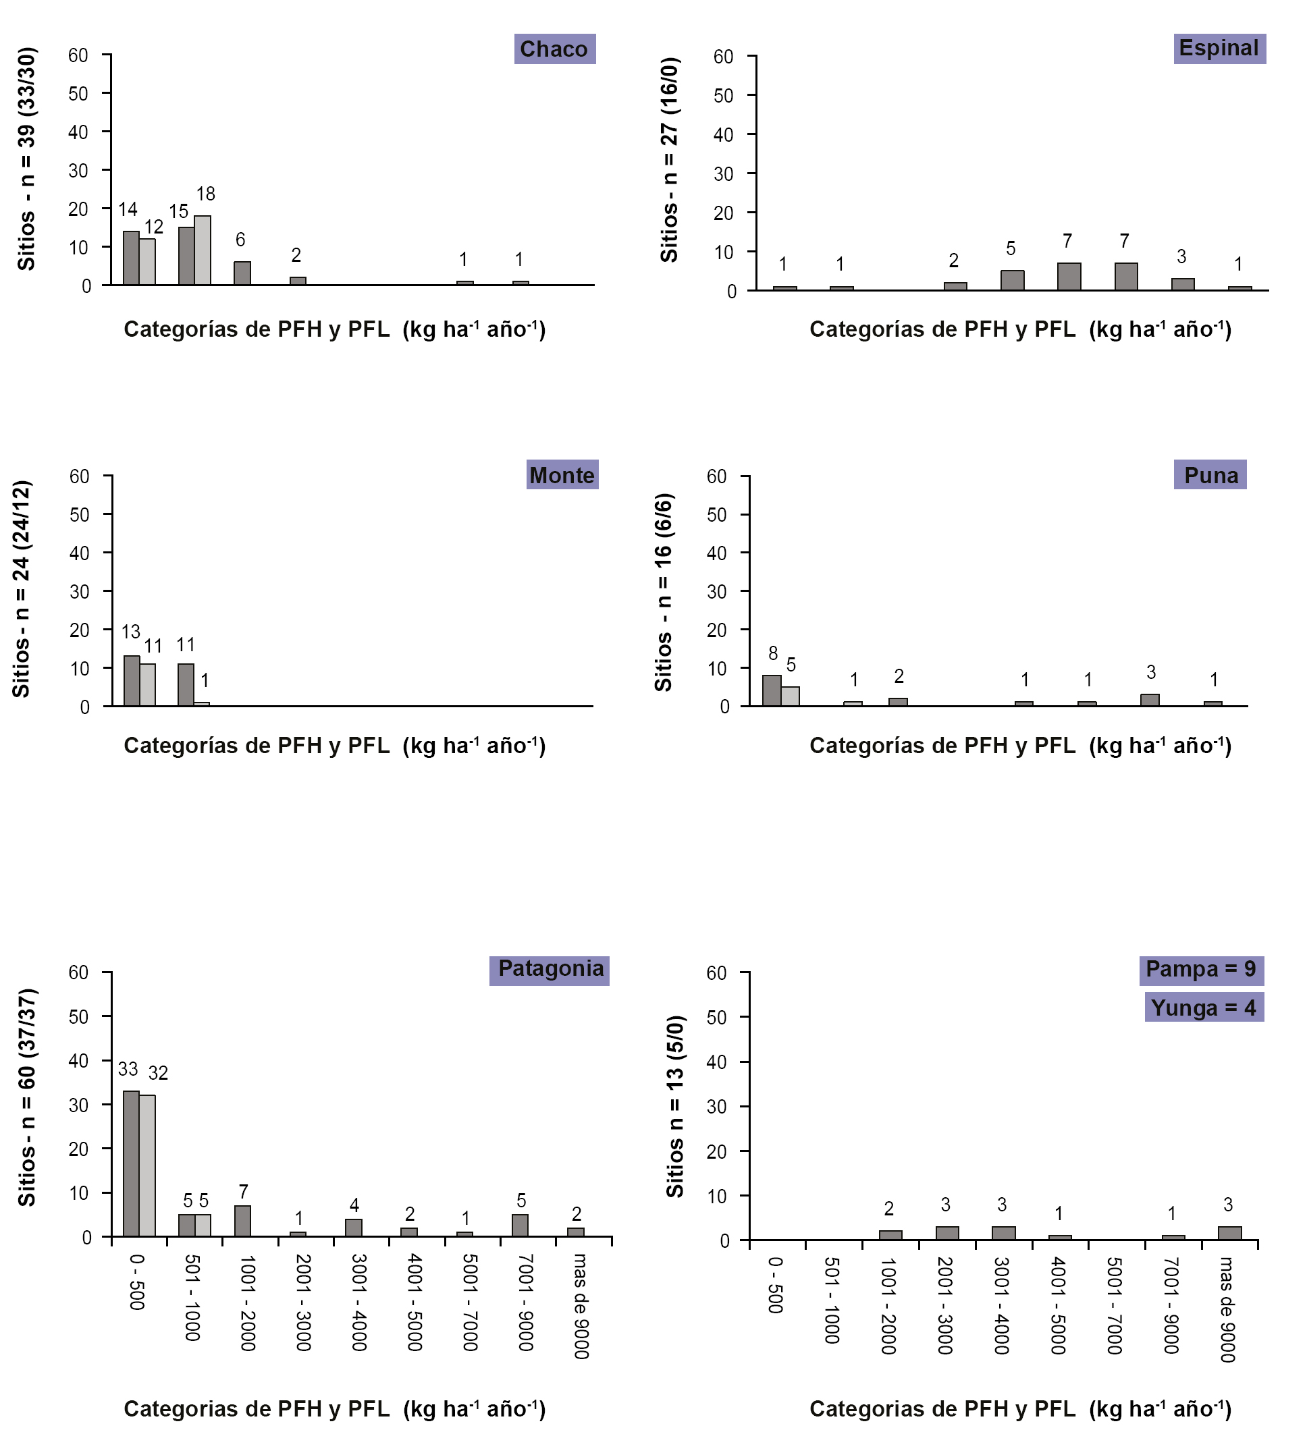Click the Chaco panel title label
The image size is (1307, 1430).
554,49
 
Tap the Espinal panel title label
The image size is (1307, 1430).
1219,48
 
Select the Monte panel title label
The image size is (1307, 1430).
562,474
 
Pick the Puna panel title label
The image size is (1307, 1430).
1210,474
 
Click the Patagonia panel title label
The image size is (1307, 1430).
550,968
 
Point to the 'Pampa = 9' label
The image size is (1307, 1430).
1200,968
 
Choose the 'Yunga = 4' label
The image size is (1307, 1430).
1204,1008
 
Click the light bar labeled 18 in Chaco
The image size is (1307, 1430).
203,250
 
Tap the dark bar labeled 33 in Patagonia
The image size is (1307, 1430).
131,1163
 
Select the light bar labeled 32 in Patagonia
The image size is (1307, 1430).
148,1165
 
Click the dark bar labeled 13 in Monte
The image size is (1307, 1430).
131,681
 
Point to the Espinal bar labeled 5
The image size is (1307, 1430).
1012,280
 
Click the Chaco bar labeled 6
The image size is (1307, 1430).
242,273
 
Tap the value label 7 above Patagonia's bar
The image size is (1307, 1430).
244,1192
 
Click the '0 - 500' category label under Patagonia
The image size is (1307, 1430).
138,1282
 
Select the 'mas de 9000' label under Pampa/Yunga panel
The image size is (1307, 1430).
1226,1309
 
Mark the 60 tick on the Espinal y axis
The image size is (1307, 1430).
723,57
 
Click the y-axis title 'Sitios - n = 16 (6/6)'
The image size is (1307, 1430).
664,593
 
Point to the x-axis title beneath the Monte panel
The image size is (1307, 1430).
334,746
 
